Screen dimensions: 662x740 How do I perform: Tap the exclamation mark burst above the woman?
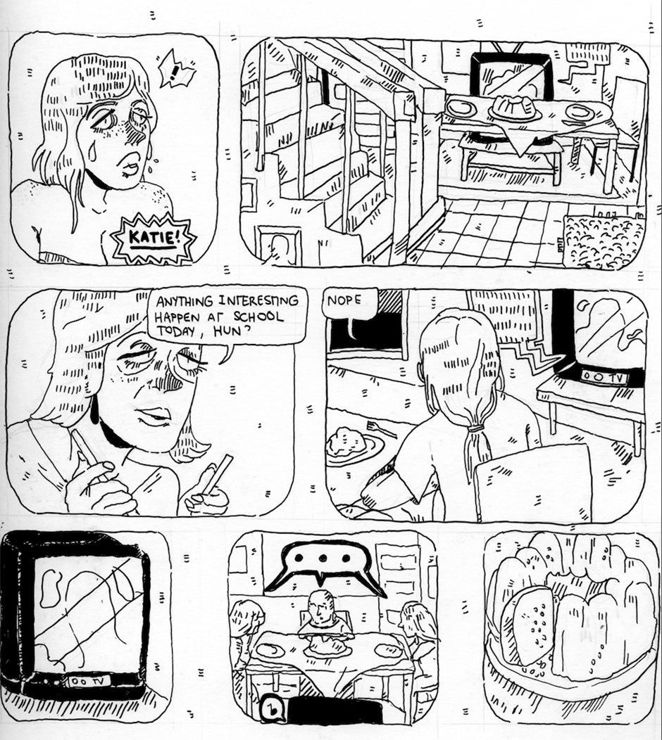[177, 72]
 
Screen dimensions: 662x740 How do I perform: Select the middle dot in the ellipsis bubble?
[323, 558]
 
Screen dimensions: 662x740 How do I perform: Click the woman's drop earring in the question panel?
[96, 409]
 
